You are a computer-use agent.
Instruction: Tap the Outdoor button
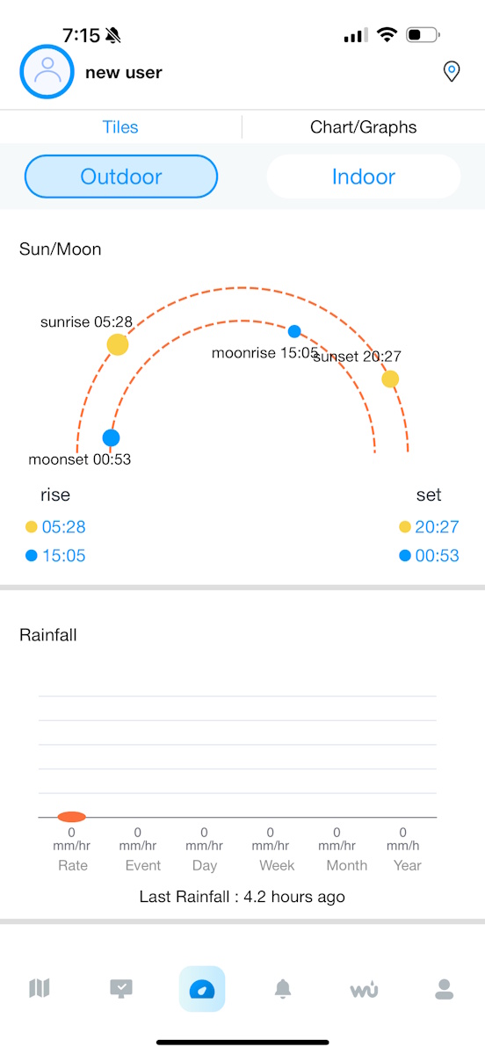click(121, 177)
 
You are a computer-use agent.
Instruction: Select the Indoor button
click(364, 177)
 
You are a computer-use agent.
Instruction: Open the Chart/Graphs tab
click(363, 127)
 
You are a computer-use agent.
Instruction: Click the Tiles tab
click(120, 127)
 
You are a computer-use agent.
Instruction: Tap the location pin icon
click(452, 71)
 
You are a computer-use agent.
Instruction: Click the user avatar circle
click(47, 71)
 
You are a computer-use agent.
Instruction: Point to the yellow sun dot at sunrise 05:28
click(118, 344)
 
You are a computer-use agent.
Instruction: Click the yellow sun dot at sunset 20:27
click(390, 379)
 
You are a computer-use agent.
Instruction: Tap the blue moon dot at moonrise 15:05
click(294, 331)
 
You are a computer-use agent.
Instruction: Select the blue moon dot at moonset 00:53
click(111, 437)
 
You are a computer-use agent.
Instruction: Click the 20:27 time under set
click(437, 527)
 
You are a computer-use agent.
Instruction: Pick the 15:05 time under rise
click(63, 556)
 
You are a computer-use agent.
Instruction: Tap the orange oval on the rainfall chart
click(71, 817)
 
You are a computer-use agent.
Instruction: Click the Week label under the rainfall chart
click(277, 865)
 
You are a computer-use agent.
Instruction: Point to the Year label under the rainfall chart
click(408, 865)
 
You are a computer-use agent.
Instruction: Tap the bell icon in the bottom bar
click(283, 989)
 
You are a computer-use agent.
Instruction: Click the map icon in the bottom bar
click(40, 988)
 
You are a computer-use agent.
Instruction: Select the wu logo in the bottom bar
click(364, 989)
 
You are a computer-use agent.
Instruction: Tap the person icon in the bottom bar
click(444, 989)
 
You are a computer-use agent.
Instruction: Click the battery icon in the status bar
click(423, 35)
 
